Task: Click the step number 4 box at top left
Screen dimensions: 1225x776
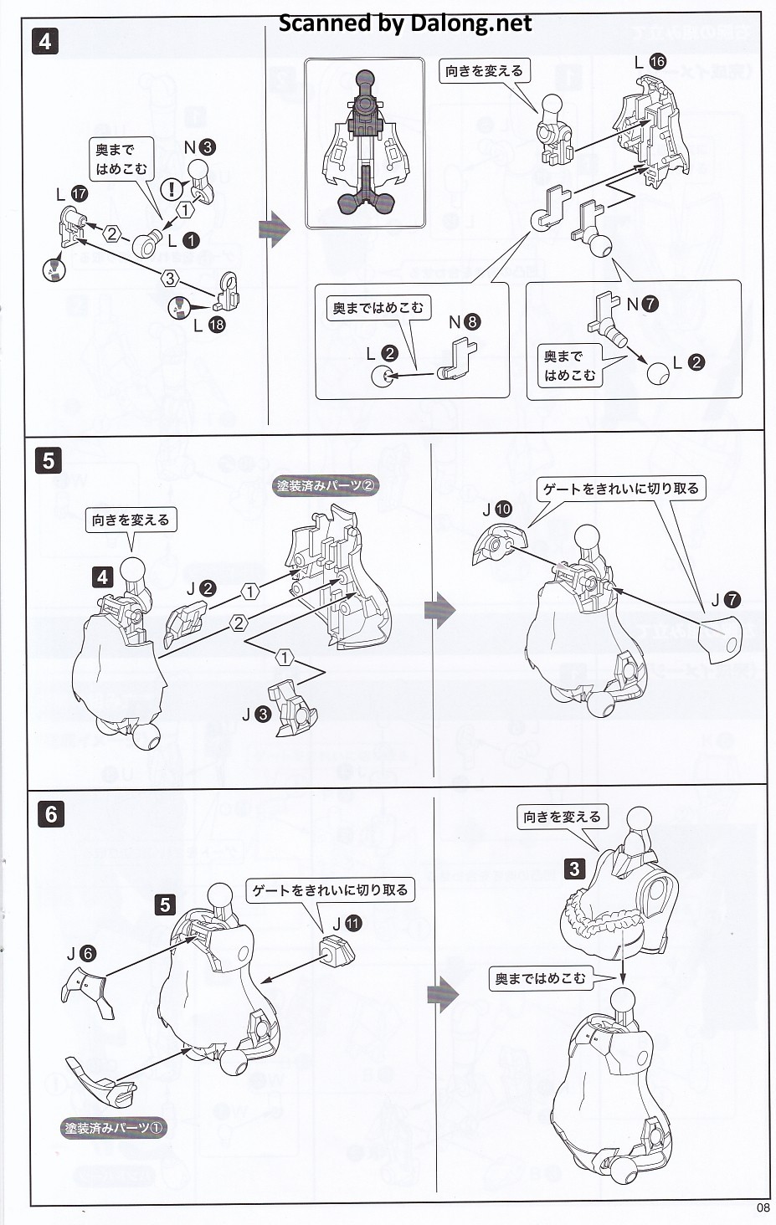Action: click(x=44, y=41)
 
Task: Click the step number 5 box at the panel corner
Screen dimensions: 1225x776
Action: click(x=49, y=460)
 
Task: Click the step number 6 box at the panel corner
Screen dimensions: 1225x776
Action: click(x=51, y=813)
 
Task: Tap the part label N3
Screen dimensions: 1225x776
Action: click(x=199, y=147)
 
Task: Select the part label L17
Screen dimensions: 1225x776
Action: click(x=71, y=194)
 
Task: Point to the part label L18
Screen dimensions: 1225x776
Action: click(x=208, y=325)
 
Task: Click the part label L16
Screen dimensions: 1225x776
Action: click(x=650, y=62)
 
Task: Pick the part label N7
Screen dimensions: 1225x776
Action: click(x=643, y=304)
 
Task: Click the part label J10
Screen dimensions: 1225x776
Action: click(x=496, y=509)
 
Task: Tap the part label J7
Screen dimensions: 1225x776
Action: click(x=725, y=600)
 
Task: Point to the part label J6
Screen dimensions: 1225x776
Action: click(x=80, y=953)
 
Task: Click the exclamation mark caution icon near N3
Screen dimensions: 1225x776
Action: click(x=172, y=189)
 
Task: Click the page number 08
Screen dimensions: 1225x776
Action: click(x=762, y=1207)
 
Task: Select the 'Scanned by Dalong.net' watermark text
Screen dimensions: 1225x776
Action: click(x=404, y=23)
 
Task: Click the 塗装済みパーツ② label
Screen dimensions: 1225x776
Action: click(x=326, y=485)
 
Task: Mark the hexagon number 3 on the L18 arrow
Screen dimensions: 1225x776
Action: click(x=170, y=279)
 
